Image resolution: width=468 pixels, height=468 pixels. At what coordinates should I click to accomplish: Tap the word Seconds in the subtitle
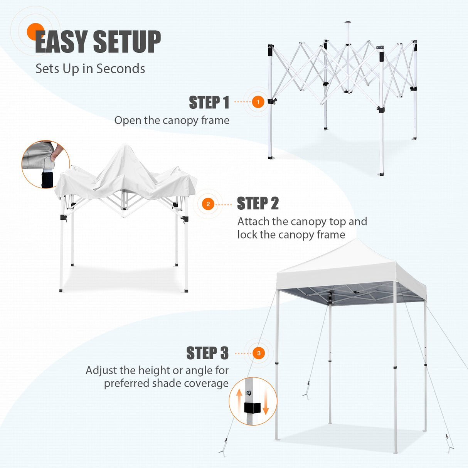(121, 69)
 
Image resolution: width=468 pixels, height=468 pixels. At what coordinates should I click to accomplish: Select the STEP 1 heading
(209, 103)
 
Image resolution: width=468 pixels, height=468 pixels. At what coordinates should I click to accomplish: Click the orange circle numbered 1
(258, 102)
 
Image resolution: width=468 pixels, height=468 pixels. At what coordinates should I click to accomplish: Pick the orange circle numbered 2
(208, 204)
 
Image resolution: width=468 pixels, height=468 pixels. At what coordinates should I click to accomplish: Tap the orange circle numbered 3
(259, 353)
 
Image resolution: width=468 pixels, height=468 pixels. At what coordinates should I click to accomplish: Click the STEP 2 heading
(258, 204)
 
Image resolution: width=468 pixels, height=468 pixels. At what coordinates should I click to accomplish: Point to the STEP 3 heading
(207, 353)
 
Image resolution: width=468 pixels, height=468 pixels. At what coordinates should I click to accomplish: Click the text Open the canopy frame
(172, 120)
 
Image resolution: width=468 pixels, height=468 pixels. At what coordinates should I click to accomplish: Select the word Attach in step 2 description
(253, 222)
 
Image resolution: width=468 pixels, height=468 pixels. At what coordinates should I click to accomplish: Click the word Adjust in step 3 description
(101, 370)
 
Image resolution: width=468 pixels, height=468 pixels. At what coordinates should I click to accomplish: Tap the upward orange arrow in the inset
(239, 397)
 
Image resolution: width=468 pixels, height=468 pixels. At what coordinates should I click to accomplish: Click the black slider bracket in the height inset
(252, 408)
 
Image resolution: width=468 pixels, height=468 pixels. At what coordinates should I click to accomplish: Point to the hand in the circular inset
(58, 151)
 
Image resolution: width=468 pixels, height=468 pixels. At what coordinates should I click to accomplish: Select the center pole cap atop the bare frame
(348, 22)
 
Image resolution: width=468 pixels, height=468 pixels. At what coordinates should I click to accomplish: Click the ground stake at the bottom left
(223, 452)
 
